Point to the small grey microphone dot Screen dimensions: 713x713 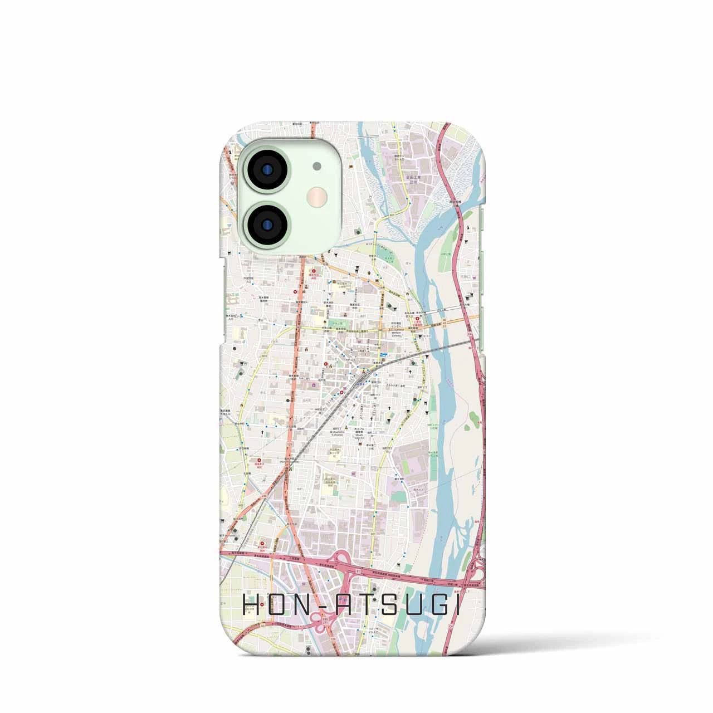tap(317, 165)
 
